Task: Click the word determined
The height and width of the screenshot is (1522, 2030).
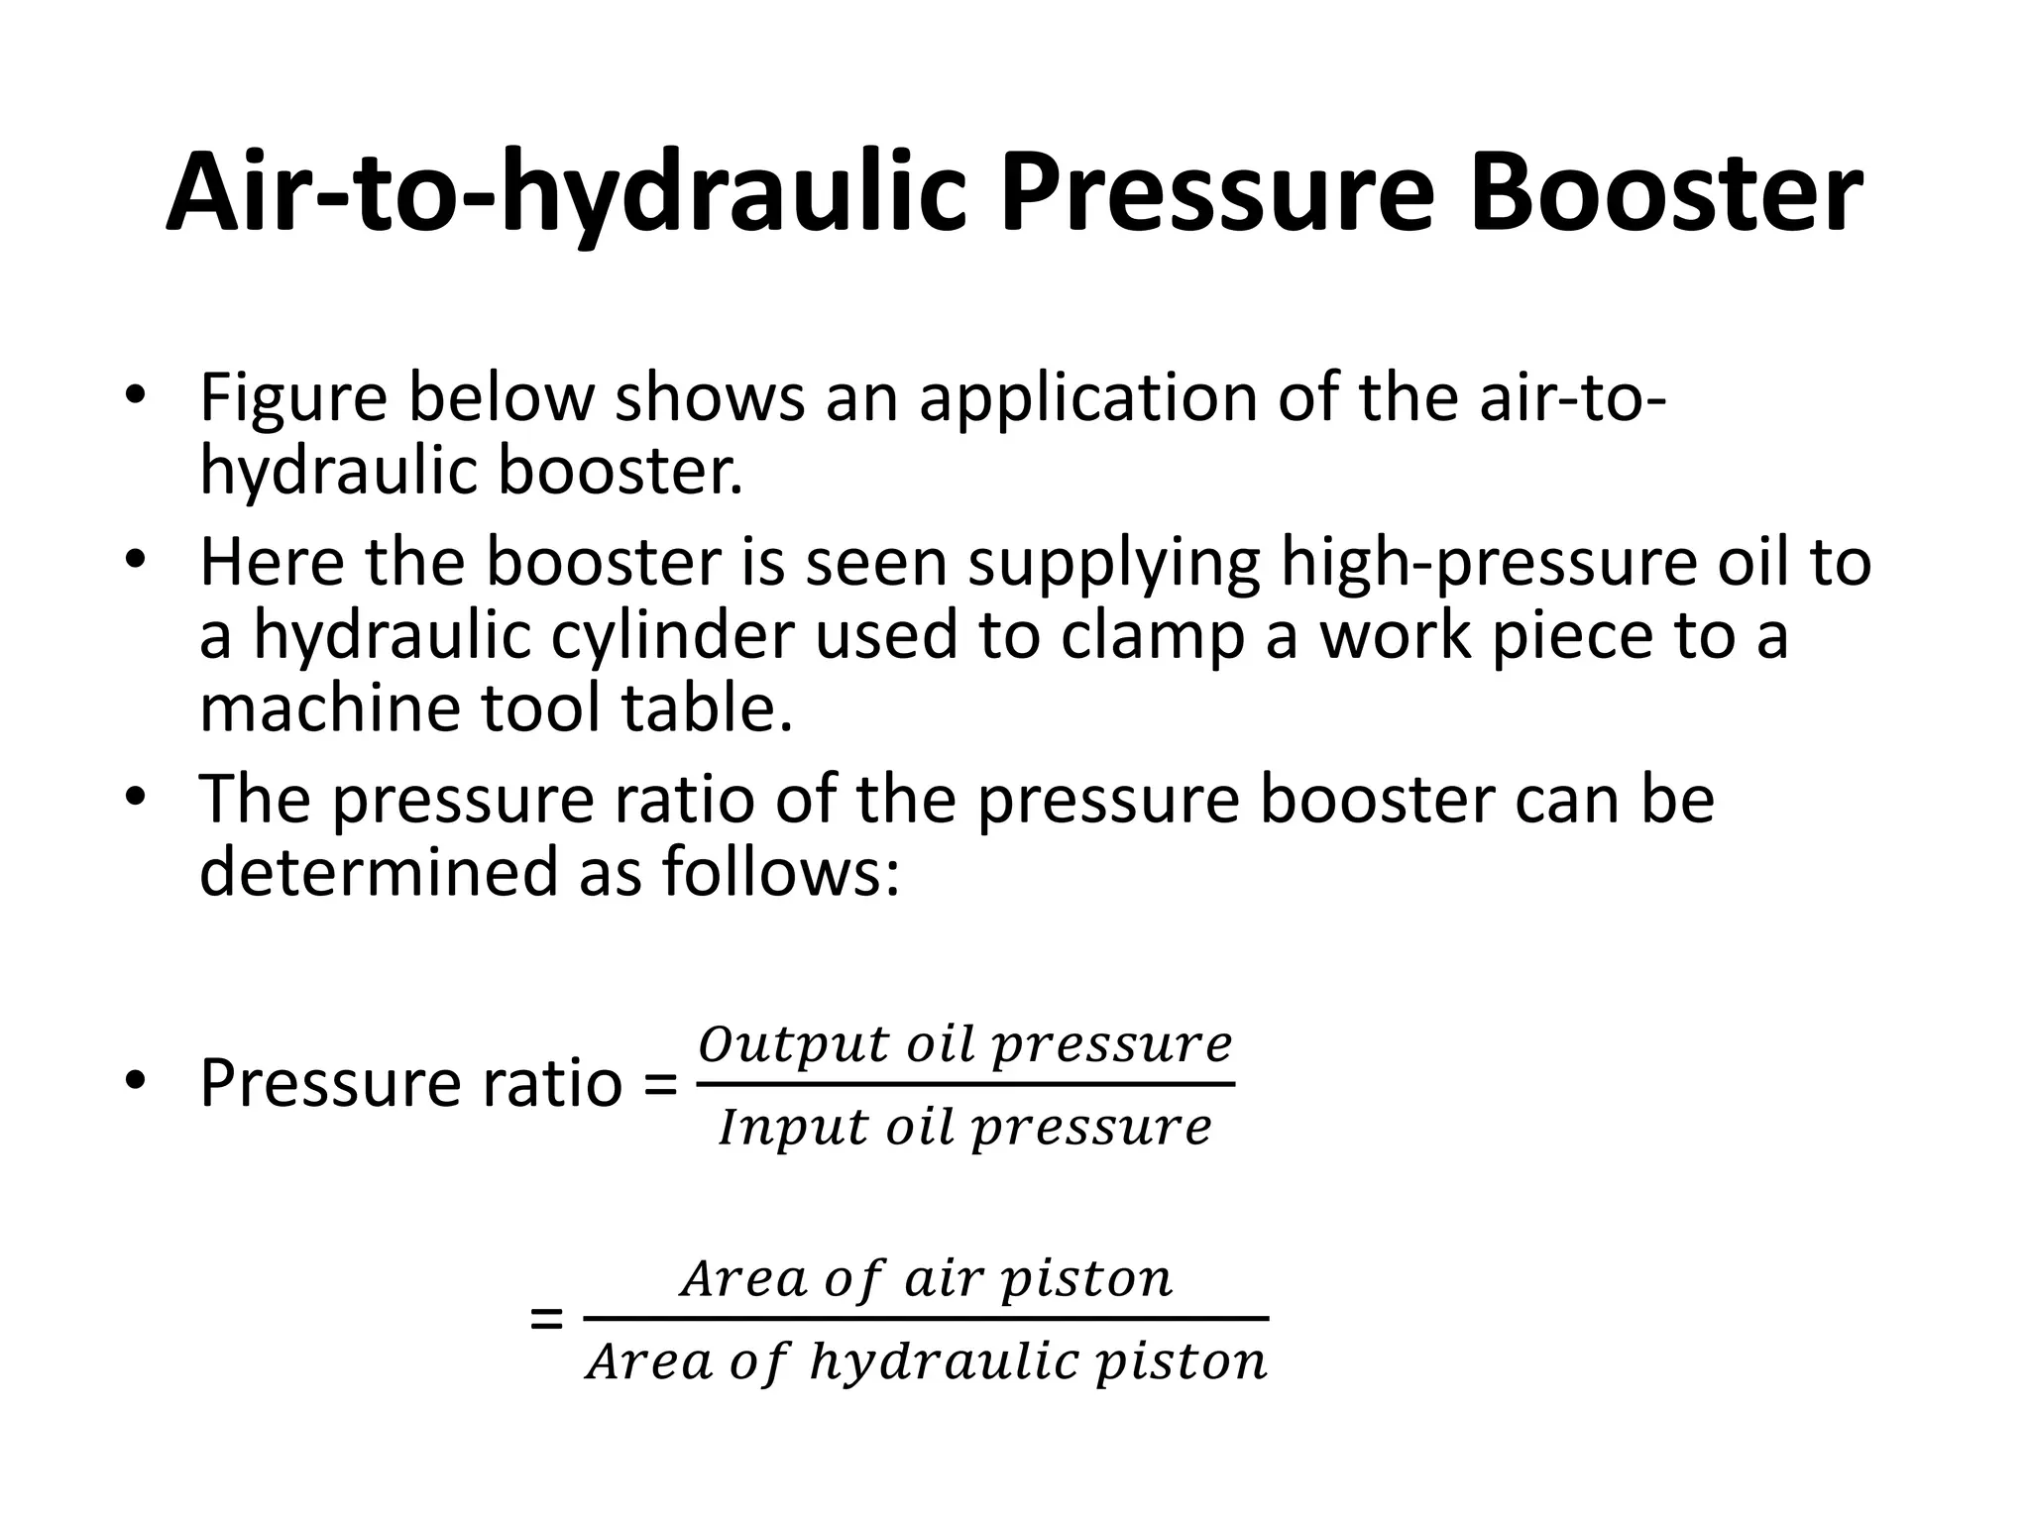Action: (380, 872)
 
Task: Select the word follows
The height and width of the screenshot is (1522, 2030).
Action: (781, 872)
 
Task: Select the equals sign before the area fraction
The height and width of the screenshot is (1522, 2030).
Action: (547, 1319)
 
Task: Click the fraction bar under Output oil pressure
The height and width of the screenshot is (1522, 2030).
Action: (965, 1084)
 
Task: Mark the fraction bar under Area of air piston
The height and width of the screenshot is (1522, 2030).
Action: (926, 1319)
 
